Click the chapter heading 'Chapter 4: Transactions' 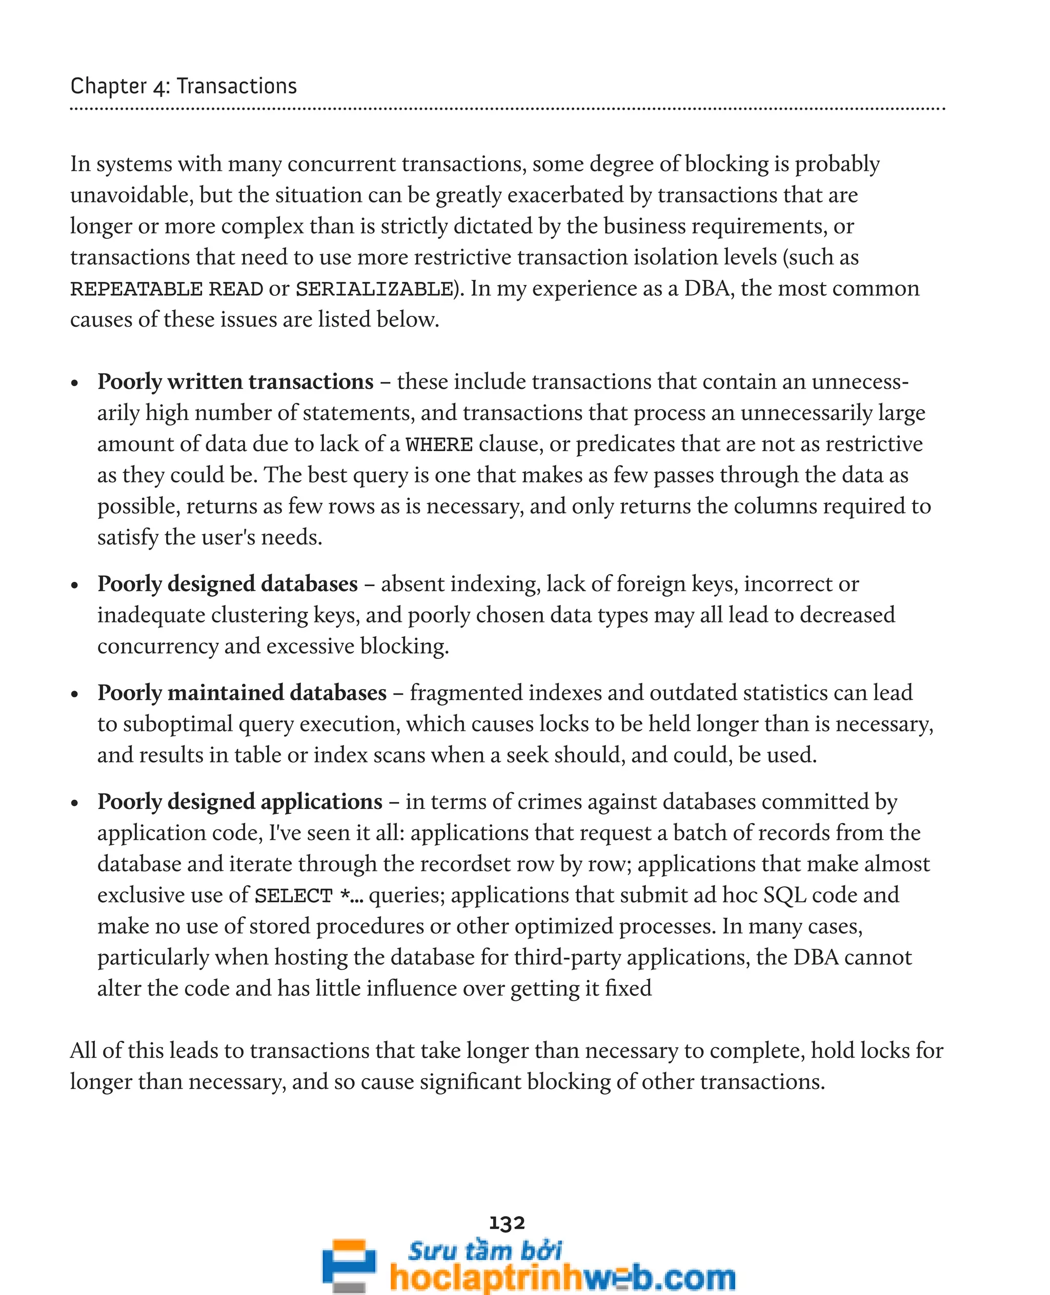(x=183, y=87)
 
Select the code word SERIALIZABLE (x=374, y=289)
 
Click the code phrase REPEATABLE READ (x=166, y=289)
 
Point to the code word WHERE (x=438, y=444)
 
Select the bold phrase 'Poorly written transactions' (x=235, y=381)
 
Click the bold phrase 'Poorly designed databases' (x=228, y=584)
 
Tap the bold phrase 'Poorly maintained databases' (x=242, y=693)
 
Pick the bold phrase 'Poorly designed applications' (x=239, y=801)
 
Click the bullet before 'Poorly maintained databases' (x=75, y=694)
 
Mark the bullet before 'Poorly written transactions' (x=75, y=383)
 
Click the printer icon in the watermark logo (x=349, y=1264)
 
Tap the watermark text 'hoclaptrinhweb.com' (x=562, y=1277)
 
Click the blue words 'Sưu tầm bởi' (x=484, y=1250)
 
